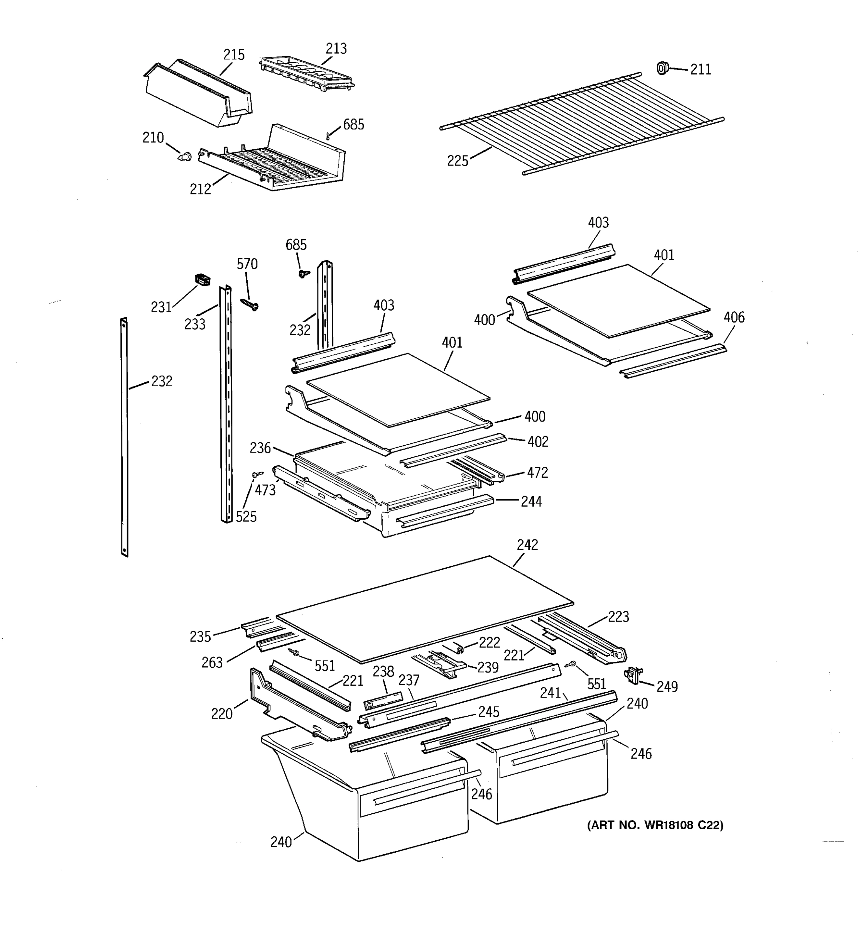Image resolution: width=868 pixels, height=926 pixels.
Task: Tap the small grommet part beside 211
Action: [x=662, y=68]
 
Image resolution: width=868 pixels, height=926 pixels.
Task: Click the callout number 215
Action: [x=234, y=55]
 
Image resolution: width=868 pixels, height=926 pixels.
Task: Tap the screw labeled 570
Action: [x=250, y=304]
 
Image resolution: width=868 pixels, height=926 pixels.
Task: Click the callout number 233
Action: [x=195, y=324]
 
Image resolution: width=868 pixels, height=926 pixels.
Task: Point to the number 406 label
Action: [x=734, y=317]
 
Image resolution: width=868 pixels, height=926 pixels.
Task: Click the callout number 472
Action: [x=537, y=473]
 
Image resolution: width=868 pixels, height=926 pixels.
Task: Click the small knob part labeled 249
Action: [x=632, y=674]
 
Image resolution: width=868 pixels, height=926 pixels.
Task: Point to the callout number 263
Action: [x=212, y=662]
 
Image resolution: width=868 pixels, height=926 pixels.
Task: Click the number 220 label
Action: [x=222, y=713]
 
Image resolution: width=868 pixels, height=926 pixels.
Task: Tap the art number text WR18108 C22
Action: [x=655, y=825]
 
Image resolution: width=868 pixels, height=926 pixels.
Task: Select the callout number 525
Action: [x=246, y=517]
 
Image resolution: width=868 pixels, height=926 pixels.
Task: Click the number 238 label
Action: [x=383, y=671]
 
